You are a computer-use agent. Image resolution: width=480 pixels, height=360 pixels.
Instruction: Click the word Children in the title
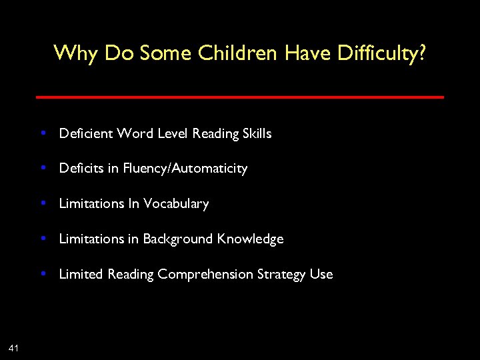pos(237,53)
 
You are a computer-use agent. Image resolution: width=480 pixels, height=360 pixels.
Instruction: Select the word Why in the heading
pos(75,53)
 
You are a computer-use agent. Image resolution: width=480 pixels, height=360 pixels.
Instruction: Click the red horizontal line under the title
pos(239,97)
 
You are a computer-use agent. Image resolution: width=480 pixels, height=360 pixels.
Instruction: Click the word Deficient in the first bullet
pos(86,133)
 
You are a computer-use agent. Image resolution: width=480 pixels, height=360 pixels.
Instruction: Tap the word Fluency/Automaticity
pos(185,169)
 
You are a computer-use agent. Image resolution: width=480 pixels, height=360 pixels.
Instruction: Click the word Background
pos(178,239)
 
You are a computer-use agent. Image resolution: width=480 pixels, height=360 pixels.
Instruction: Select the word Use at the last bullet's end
pos(321,274)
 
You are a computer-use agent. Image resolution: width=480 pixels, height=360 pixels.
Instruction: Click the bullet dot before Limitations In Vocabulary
pos(43,203)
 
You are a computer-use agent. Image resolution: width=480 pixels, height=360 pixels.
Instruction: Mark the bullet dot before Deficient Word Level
pos(43,133)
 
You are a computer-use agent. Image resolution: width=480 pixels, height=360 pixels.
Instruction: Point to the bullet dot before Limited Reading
pos(43,273)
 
